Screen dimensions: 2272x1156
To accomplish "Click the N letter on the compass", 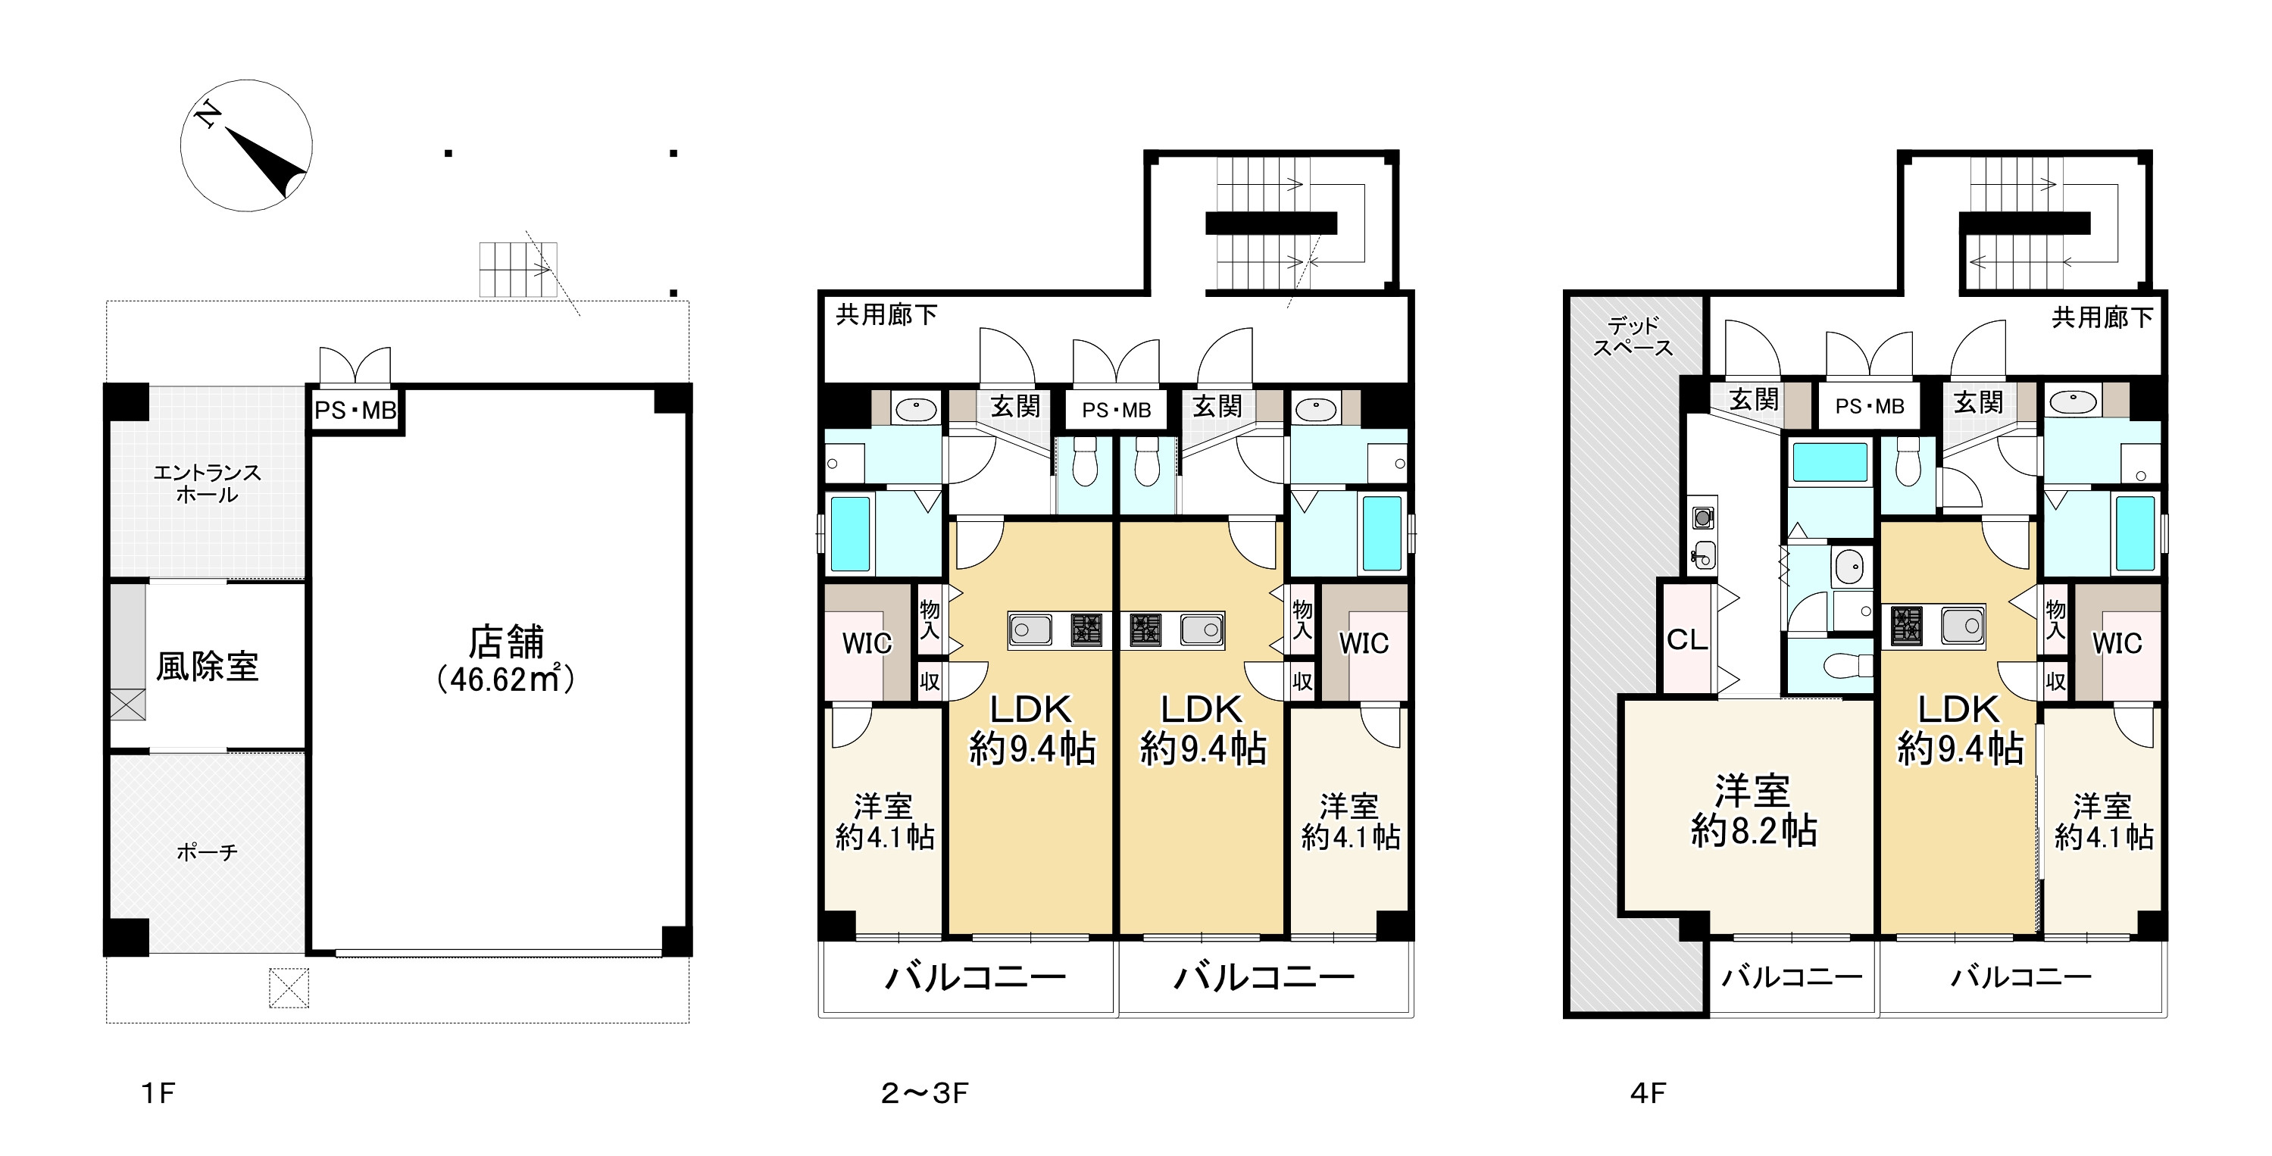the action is click(208, 114).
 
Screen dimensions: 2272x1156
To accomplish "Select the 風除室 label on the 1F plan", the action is click(208, 667).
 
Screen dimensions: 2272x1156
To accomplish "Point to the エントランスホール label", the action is click(208, 483).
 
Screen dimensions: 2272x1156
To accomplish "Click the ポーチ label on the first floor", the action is click(208, 851).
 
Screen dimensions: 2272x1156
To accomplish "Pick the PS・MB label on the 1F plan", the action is click(355, 410).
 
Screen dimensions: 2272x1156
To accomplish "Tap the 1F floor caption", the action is click(159, 1093).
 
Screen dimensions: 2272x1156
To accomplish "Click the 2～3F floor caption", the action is click(924, 1093).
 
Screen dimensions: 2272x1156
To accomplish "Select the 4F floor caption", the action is click(1648, 1093).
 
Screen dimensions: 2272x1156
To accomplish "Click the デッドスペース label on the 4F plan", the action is click(1633, 337).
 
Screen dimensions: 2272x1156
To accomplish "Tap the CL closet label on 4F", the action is click(1687, 639).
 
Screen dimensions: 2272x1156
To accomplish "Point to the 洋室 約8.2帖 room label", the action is click(1753, 811).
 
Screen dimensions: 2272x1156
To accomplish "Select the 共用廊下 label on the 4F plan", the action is click(2102, 317).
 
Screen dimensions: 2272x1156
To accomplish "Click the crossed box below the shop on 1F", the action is click(289, 988).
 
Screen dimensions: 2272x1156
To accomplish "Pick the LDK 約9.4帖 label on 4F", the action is click(1960, 730).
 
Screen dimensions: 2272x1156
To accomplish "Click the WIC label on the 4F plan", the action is click(2117, 644).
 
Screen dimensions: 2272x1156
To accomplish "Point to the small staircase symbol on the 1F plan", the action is click(519, 270).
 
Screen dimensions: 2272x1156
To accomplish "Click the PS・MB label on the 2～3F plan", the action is click(1117, 410).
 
